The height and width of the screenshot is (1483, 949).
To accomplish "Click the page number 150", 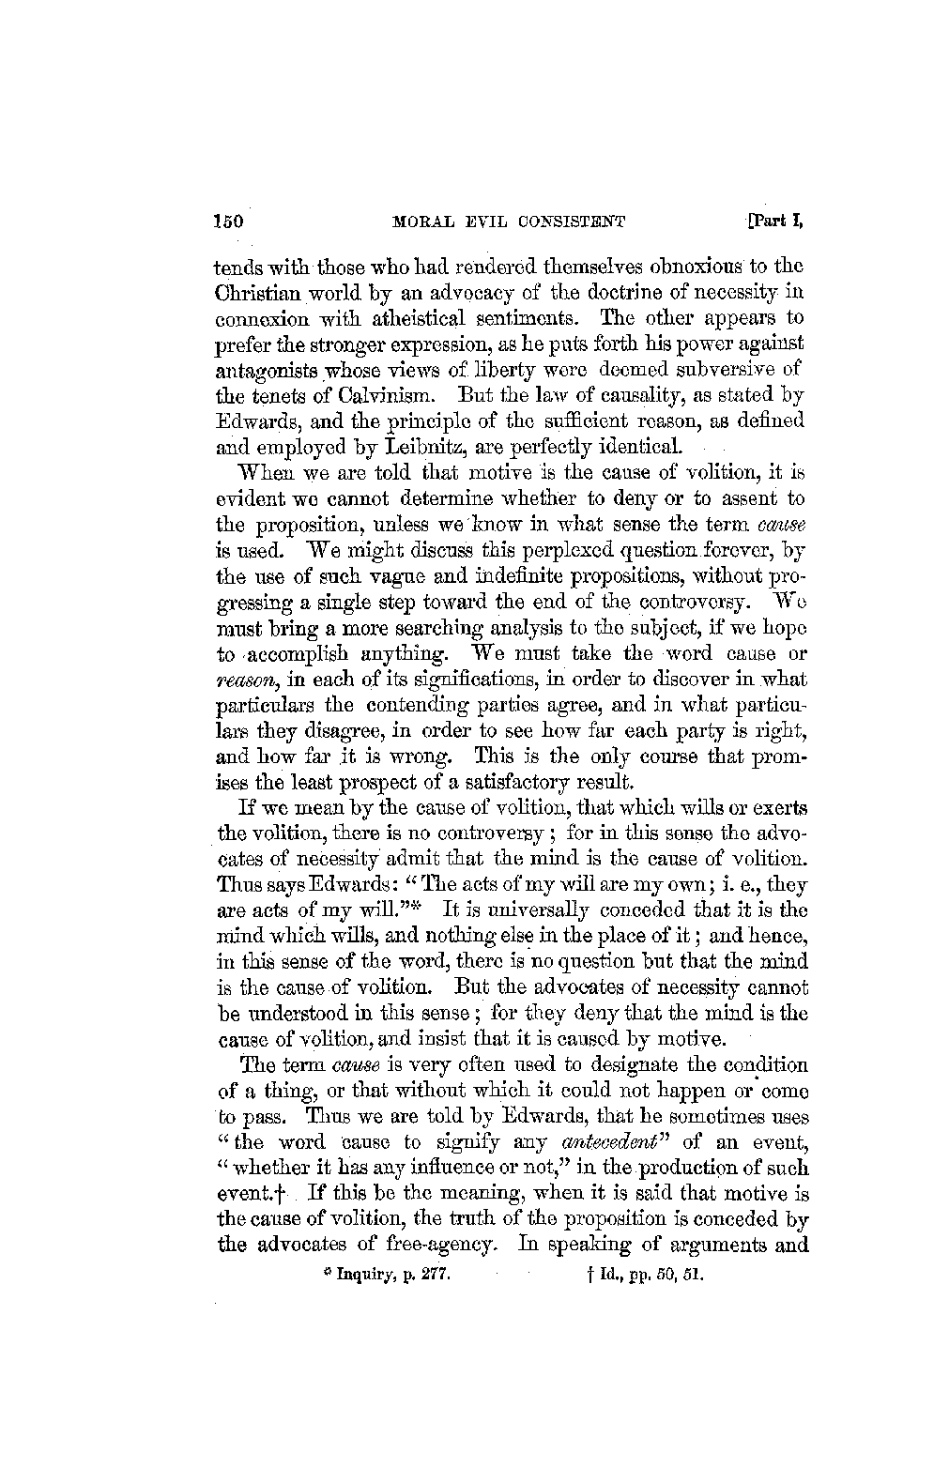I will [228, 222].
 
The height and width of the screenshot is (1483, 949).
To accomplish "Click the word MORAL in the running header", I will [422, 223].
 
